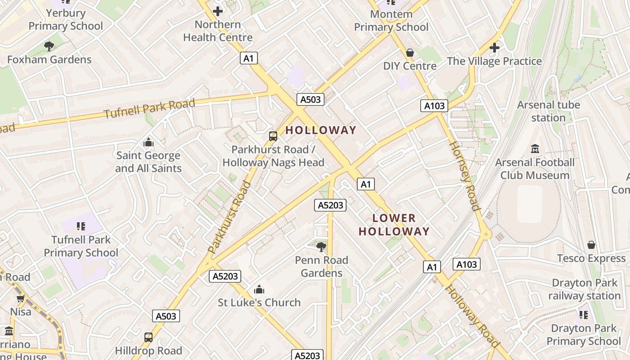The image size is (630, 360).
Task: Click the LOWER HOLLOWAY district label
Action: pos(394,225)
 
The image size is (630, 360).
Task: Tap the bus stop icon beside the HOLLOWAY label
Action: pos(273,136)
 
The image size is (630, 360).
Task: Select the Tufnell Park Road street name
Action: pos(150,108)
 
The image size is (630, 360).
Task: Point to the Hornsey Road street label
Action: pos(463,175)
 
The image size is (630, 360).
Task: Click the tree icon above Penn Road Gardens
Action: pos(321,246)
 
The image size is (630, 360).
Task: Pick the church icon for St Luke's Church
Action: pos(259,289)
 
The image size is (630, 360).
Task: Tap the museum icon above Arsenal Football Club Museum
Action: pos(535,148)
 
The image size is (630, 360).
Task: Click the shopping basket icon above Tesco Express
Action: pos(591,245)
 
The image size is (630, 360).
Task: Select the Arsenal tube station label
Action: pos(548,111)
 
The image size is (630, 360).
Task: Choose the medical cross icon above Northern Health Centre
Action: pos(218,11)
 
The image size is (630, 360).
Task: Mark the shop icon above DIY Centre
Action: pos(410,53)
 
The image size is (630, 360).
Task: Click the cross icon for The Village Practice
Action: pos(494,48)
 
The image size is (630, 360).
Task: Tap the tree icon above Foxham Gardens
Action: pos(49,46)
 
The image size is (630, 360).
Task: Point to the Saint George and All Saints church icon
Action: pos(148,143)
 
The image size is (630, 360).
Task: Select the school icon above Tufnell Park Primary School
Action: pos(81,226)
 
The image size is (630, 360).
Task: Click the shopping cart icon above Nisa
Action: pos(20,298)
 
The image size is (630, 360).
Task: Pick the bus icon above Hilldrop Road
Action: pos(148,337)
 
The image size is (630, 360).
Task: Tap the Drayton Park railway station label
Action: pos(584,289)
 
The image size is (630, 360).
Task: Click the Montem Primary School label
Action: pos(391,21)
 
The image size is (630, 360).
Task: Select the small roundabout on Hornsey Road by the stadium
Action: pos(486,234)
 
